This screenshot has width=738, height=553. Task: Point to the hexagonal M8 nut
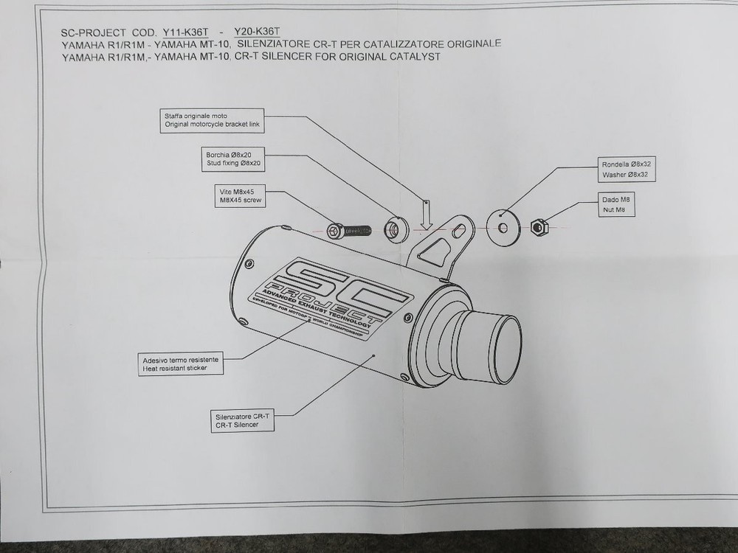point(539,229)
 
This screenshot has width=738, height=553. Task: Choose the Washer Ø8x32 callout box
point(625,171)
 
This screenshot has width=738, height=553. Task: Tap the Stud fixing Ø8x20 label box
point(233,159)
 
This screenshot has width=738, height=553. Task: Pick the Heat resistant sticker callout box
point(181,364)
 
